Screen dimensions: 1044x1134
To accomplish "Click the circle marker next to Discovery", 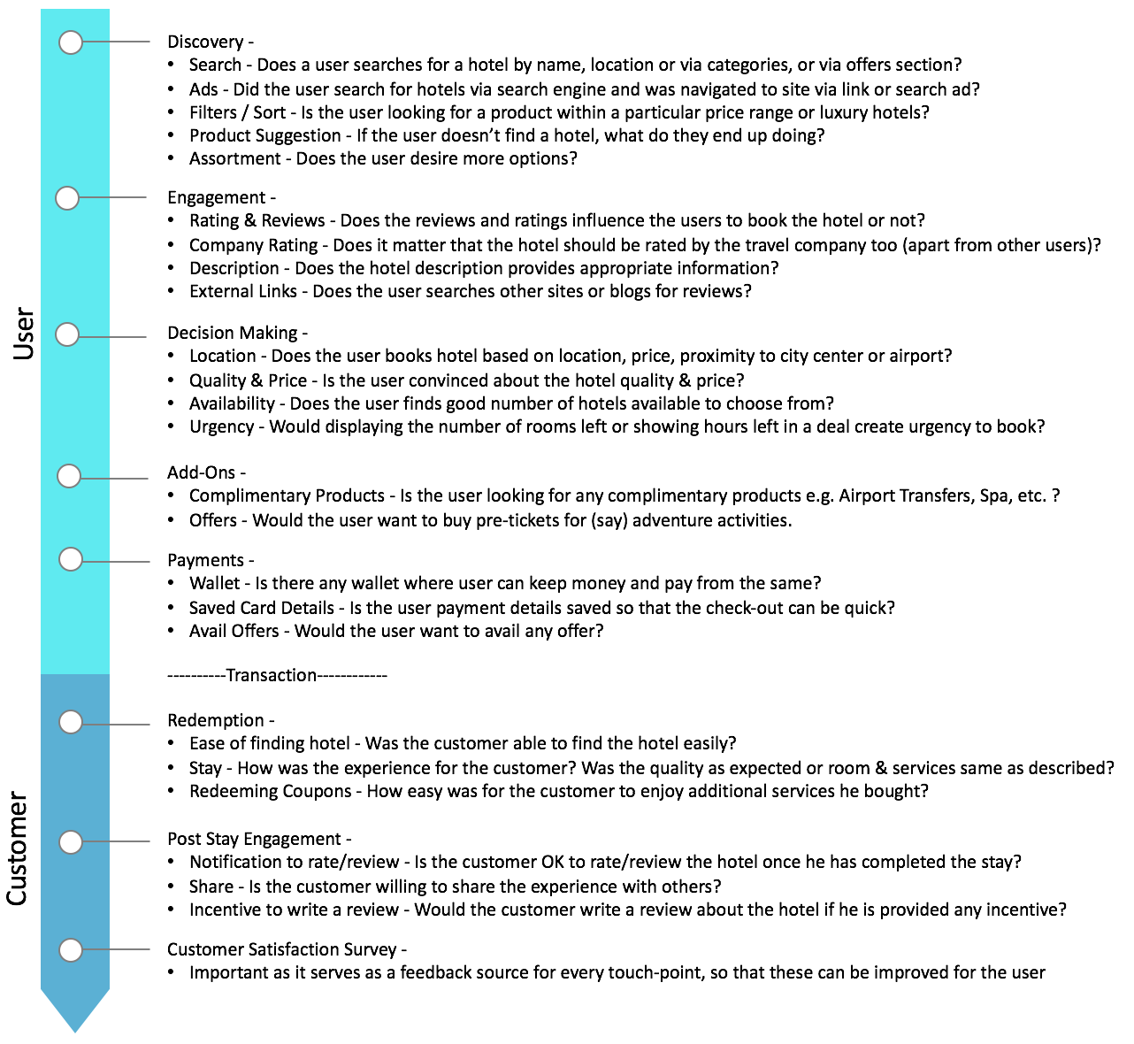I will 71,42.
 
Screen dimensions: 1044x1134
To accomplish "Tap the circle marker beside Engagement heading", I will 67,198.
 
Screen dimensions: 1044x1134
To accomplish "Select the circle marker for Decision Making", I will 67,334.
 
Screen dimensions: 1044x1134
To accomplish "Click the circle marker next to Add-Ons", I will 69,476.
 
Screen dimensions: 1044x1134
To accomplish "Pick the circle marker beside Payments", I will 71,559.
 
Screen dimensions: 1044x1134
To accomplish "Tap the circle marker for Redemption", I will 71,722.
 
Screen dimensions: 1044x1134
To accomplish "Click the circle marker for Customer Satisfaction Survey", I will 71,950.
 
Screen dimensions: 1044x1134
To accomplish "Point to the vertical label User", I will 23,334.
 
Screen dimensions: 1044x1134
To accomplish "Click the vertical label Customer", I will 18,849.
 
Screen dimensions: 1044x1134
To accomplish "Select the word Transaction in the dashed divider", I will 271,675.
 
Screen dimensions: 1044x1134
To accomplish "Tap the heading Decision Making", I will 233,333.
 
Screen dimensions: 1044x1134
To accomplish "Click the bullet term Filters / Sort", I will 237,112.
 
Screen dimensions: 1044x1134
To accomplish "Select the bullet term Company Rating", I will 253,245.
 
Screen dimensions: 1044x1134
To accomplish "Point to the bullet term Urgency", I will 221,426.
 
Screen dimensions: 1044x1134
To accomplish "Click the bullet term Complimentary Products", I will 287,495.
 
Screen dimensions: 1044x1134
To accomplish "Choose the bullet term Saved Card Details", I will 261,608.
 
